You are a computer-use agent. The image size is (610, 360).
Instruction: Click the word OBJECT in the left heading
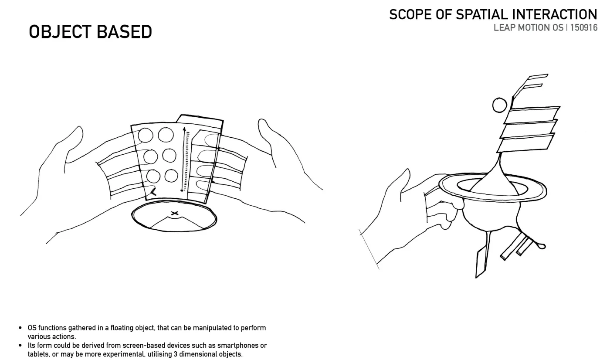pyautogui.click(x=60, y=32)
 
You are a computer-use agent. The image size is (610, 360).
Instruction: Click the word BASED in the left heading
pyautogui.click(x=124, y=32)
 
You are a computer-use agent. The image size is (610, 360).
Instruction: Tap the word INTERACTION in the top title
pyautogui.click(x=555, y=15)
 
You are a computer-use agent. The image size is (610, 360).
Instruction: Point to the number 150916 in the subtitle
pyautogui.click(x=584, y=28)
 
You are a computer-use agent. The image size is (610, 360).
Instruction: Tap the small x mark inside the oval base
pyautogui.click(x=175, y=213)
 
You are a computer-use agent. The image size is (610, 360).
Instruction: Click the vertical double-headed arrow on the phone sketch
pyautogui.click(x=183, y=160)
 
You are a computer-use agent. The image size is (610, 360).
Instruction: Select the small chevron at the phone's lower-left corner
pyautogui.click(x=153, y=192)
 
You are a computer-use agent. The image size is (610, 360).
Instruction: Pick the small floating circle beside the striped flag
pyautogui.click(x=500, y=105)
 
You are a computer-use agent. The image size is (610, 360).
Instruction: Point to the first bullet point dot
pyautogui.click(x=20, y=328)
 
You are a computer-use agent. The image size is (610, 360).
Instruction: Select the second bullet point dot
pyautogui.click(x=20, y=345)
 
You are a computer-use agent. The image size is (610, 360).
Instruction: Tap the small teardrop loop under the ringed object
pyautogui.click(x=542, y=246)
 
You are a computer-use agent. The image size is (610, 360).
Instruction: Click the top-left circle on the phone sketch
pyautogui.click(x=146, y=136)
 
